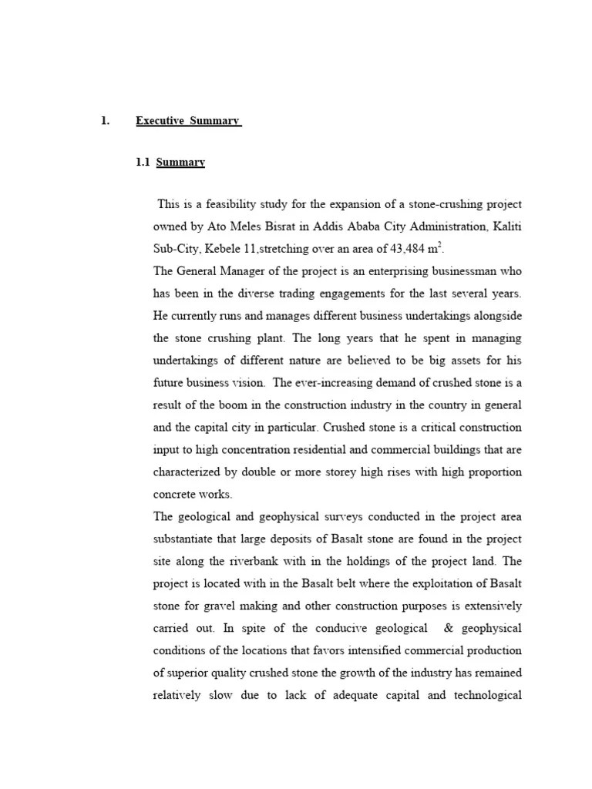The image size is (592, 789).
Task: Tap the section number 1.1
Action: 143,163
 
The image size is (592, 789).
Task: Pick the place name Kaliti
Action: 506,227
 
